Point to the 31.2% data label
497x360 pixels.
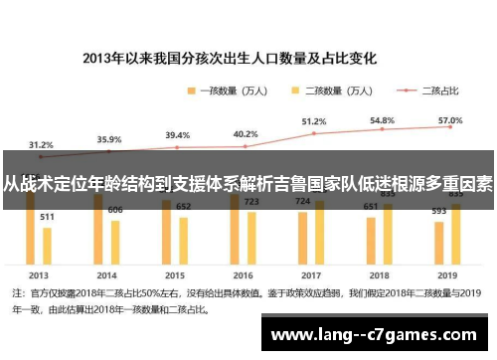click(x=41, y=143)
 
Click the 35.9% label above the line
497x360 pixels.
click(x=108, y=139)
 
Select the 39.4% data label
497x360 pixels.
click(x=177, y=135)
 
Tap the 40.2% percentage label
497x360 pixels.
click(x=245, y=134)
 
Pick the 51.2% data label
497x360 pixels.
click(x=313, y=121)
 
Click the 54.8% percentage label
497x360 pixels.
click(x=382, y=119)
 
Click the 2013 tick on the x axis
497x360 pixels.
click(x=39, y=273)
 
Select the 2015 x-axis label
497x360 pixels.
click(x=175, y=273)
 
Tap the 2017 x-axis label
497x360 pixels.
click(x=311, y=273)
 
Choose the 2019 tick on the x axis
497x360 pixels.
click(x=447, y=273)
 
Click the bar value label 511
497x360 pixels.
click(x=47, y=216)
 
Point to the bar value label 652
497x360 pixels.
click(x=183, y=206)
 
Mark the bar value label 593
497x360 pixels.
click(x=438, y=211)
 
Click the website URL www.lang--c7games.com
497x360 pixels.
click(x=378, y=334)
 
